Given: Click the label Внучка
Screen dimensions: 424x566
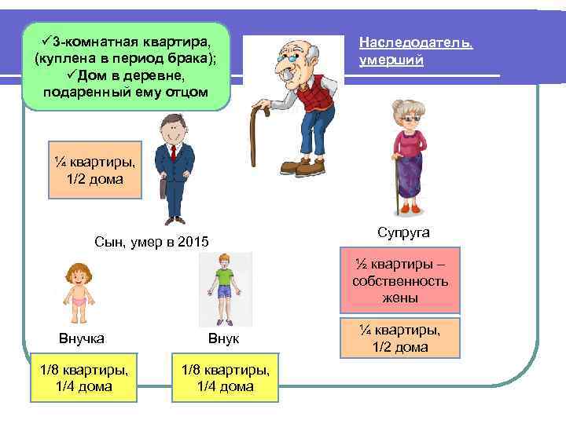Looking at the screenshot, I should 81,338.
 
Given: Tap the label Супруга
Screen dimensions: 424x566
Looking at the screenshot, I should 402,233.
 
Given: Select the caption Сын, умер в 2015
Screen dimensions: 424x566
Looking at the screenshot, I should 152,241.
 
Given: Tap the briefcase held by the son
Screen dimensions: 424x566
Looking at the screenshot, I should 163,188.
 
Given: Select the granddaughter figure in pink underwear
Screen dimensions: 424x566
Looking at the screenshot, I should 79,293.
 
